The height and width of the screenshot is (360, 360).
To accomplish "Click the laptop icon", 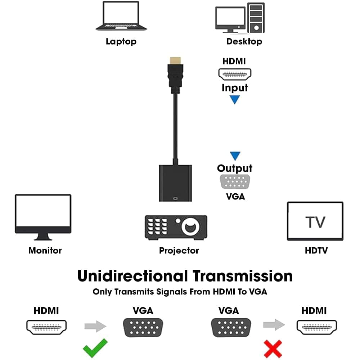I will pos(121,16).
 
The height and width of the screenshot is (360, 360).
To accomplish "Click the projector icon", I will pos(176,227).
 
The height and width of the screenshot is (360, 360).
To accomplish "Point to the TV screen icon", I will pos(315,221).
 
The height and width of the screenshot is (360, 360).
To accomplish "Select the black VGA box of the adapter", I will pos(175,183).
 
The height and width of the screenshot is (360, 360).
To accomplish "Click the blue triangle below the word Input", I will pos(235,99).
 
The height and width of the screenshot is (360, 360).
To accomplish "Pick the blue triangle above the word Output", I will pos(235,156).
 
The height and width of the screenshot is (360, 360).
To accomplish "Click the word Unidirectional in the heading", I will pos(133,276).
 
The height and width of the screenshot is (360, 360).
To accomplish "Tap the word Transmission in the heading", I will pos(242,276).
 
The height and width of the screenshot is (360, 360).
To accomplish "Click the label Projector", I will pos(179,251).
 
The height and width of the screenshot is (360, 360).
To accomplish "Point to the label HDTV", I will pos(316,251).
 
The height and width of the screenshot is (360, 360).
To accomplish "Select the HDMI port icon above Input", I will pos(235,74).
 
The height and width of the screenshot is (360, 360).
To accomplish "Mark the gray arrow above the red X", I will pos(274,325).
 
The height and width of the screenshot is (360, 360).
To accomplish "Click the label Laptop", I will pos(121,41).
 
